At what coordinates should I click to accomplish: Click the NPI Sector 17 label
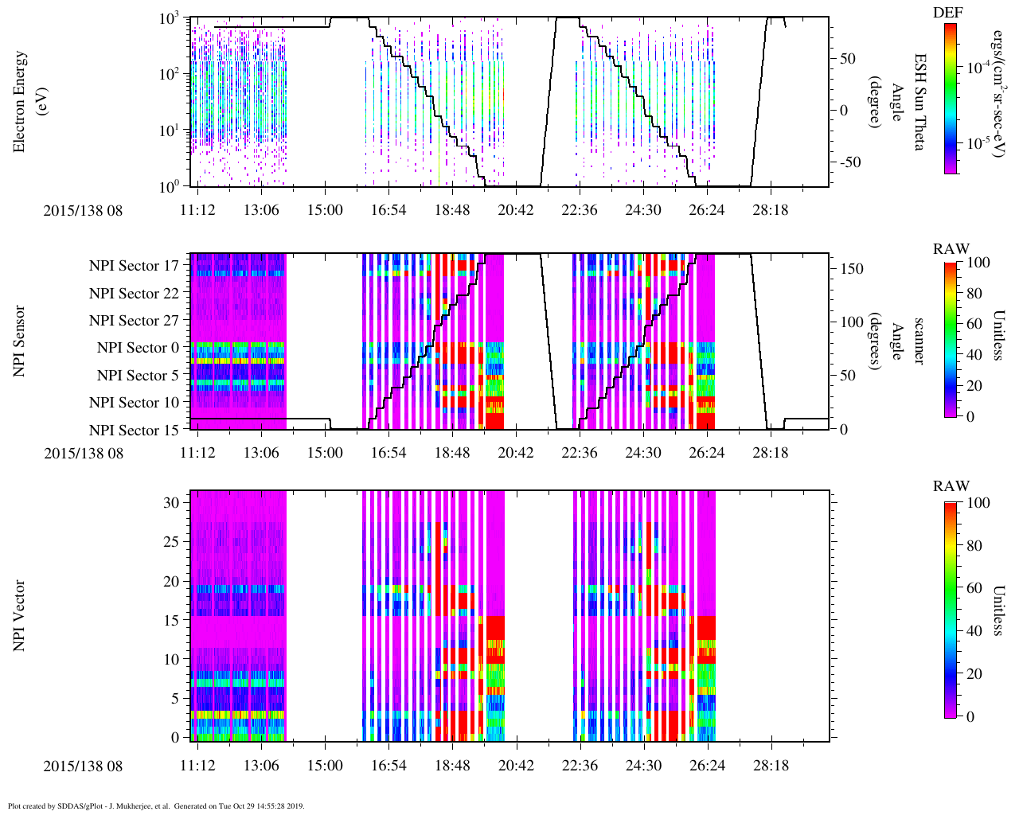point(135,266)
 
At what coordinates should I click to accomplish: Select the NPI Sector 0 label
point(139,348)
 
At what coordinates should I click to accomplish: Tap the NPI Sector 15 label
point(135,431)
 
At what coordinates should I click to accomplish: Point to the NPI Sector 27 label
point(135,321)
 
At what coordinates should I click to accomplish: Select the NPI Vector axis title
point(20,616)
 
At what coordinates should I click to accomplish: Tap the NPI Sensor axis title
point(20,341)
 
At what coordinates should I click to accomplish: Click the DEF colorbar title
point(947,13)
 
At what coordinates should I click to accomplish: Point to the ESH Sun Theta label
point(919,102)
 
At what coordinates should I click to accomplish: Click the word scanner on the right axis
point(919,341)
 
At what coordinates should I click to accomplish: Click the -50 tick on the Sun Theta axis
point(852,162)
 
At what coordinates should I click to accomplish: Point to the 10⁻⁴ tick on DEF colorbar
point(978,68)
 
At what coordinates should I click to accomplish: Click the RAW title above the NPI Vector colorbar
point(951,486)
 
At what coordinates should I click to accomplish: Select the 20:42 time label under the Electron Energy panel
point(516,209)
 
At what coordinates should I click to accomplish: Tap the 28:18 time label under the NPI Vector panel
point(771,766)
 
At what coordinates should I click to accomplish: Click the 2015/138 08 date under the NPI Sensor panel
point(84,454)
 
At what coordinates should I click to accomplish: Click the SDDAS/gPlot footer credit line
point(156,806)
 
